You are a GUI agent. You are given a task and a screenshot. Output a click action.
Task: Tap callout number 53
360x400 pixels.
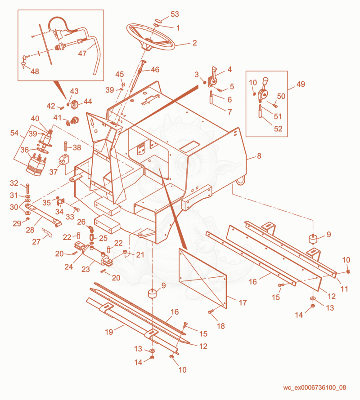[x=175, y=14]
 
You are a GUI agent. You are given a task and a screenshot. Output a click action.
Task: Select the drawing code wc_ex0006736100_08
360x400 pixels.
[x=315, y=387]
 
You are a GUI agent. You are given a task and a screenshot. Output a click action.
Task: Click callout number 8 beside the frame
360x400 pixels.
[x=259, y=156]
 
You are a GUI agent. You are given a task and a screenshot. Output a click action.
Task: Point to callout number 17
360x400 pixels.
[x=243, y=303]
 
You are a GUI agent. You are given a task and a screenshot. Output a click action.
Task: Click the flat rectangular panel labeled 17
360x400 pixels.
[x=203, y=279]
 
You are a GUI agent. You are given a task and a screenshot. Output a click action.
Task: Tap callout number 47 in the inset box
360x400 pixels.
[x=82, y=53]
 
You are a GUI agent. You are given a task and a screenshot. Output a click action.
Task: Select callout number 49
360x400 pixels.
[x=301, y=84]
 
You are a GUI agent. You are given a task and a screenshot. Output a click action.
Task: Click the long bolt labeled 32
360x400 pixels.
[x=28, y=189]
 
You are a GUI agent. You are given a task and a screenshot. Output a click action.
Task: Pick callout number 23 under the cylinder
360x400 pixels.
[x=85, y=269]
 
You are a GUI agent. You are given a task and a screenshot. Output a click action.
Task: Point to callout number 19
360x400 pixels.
[x=109, y=332]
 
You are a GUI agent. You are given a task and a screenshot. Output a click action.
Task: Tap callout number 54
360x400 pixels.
[x=14, y=133]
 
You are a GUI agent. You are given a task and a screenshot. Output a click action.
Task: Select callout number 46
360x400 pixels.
[x=155, y=70]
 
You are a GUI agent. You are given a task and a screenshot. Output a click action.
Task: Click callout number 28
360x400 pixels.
[x=30, y=230]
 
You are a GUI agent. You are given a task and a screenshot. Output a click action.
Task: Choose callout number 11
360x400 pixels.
[x=344, y=289]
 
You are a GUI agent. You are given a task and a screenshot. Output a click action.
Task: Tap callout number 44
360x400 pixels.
[x=88, y=102]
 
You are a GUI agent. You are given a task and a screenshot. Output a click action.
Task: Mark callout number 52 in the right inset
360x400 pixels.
[x=278, y=129]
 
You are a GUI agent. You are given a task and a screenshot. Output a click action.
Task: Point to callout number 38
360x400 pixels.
[x=76, y=147]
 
